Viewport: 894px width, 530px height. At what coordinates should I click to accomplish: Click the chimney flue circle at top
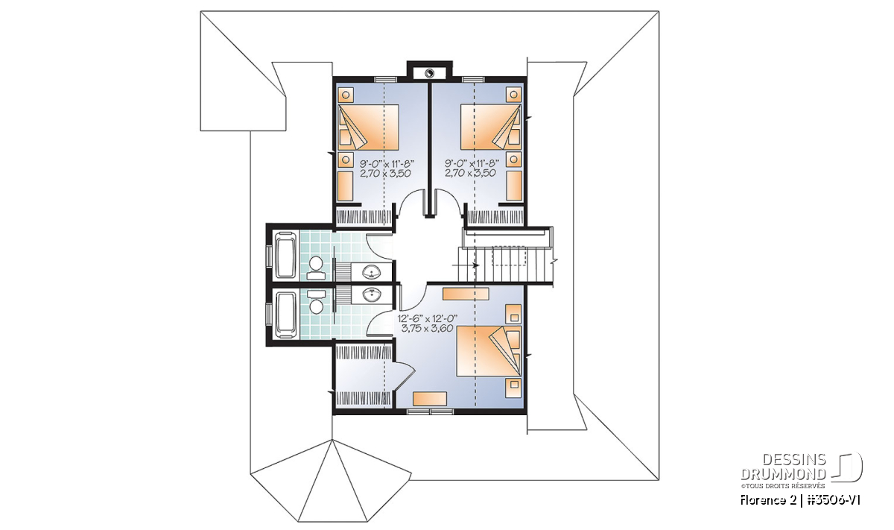tap(429, 73)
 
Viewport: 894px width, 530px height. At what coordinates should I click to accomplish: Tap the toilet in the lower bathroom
tap(316, 303)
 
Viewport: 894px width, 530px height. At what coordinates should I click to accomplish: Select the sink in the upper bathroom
tap(372, 273)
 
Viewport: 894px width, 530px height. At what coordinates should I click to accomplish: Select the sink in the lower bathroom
tap(372, 295)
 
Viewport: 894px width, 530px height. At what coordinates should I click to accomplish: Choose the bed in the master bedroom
tap(489, 350)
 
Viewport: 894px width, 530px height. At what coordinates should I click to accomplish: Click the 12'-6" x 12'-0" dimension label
tap(427, 319)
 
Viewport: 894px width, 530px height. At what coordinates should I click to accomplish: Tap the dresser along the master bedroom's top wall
tap(466, 294)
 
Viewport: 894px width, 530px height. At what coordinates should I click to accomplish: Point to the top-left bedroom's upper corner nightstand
tap(346, 95)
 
